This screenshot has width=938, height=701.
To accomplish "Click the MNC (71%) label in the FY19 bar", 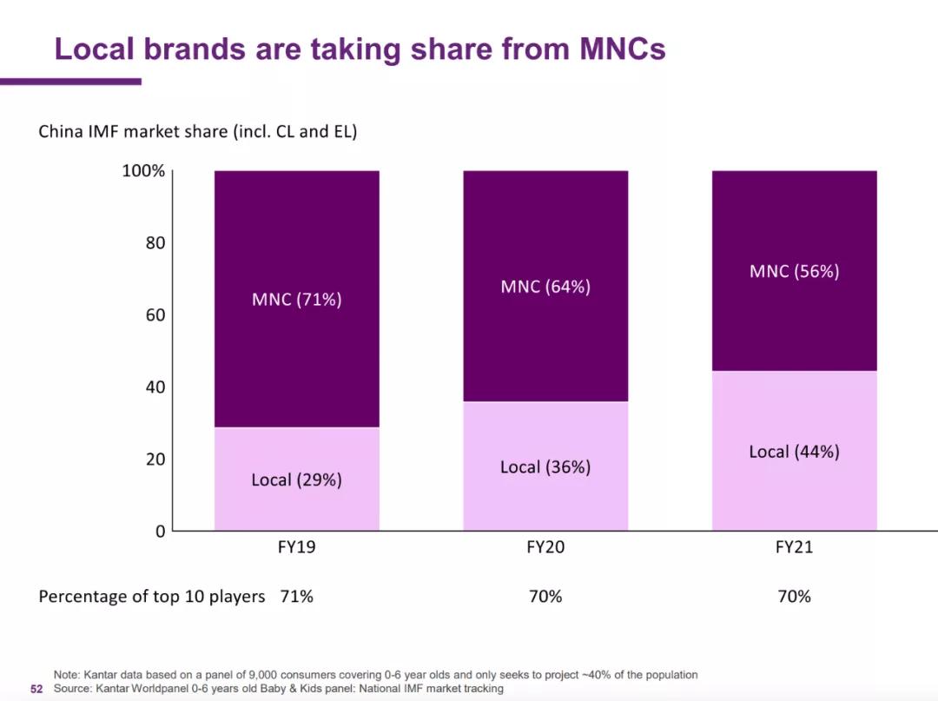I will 296,300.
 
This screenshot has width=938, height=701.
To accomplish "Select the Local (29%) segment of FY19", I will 296,479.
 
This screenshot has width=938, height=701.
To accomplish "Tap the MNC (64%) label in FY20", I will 545,287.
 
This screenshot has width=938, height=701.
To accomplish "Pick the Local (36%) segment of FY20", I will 545,466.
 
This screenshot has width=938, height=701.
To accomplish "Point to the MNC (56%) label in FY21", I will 794,271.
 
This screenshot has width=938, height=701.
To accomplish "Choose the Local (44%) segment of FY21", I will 794,452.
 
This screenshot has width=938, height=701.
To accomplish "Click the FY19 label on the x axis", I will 296,548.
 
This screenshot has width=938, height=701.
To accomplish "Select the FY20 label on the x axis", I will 545,548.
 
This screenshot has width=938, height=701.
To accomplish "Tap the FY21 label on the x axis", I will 794,548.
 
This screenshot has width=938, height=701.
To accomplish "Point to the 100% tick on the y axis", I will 143,171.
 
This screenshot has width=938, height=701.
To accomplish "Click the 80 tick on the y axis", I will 155,243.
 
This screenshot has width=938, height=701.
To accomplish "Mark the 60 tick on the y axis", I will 155,315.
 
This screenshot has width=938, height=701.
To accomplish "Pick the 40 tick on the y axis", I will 155,387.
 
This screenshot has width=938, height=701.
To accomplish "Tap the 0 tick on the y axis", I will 160,531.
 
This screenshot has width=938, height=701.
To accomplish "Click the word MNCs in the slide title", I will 622,49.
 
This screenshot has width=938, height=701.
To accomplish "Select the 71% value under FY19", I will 296,597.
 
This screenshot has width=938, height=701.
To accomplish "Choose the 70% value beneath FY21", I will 794,597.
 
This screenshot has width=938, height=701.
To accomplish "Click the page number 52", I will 36,689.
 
